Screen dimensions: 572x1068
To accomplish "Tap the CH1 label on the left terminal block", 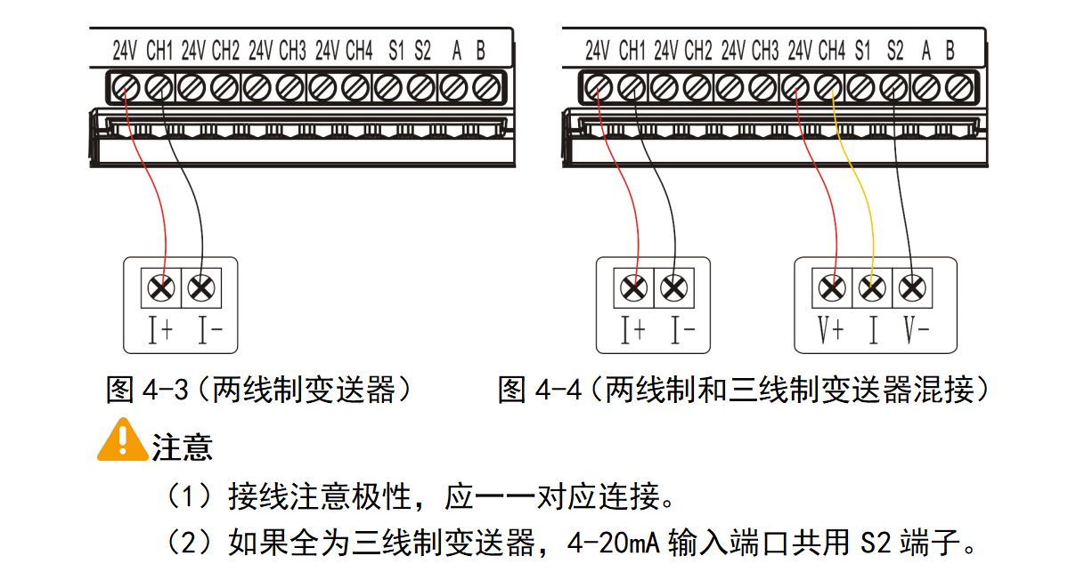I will tap(159, 50).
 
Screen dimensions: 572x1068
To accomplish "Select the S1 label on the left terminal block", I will tap(395, 50).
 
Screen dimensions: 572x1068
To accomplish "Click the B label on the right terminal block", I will tap(950, 50).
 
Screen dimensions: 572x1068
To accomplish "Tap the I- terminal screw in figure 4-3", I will tap(202, 287).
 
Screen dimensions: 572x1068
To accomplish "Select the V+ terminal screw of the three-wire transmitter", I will tap(832, 287).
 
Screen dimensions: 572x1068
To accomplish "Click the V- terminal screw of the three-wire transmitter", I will tap(911, 287).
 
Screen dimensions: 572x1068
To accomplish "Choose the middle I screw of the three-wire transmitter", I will tap(872, 287).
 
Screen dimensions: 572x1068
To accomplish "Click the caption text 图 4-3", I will tap(147, 389).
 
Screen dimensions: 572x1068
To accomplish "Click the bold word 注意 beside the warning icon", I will tap(183, 447).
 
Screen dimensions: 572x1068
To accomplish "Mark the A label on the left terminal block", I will tap(456, 50).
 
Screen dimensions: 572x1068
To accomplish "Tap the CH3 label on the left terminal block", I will tap(292, 50).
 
